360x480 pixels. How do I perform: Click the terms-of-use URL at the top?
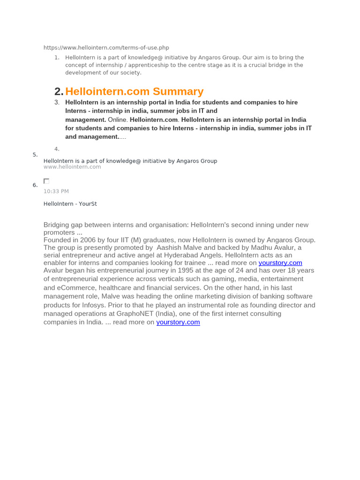106,48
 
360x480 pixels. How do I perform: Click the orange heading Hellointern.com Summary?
134,91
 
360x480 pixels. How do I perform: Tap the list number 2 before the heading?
58,91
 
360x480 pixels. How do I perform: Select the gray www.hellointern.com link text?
72,167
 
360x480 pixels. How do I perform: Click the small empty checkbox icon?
46,181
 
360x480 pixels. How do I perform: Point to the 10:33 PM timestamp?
56,191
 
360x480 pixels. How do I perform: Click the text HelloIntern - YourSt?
70,204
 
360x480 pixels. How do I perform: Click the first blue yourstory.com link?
280,263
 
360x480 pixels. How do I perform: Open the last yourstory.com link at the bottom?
178,322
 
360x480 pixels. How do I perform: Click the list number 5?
35,155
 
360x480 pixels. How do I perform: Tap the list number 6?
35,185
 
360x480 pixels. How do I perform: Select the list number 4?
57,149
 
